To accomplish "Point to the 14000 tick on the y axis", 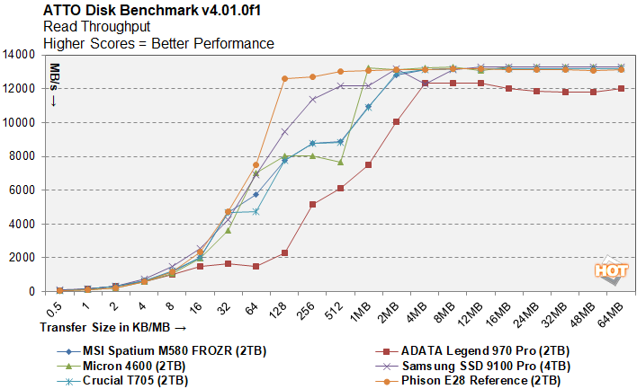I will [x=19, y=55].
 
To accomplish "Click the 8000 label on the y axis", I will [x=22, y=156].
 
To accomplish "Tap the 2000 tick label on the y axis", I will [x=22, y=258].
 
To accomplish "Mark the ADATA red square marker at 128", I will [x=284, y=252].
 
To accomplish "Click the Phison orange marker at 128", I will [x=284, y=79].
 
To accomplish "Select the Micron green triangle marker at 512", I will [x=340, y=162].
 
